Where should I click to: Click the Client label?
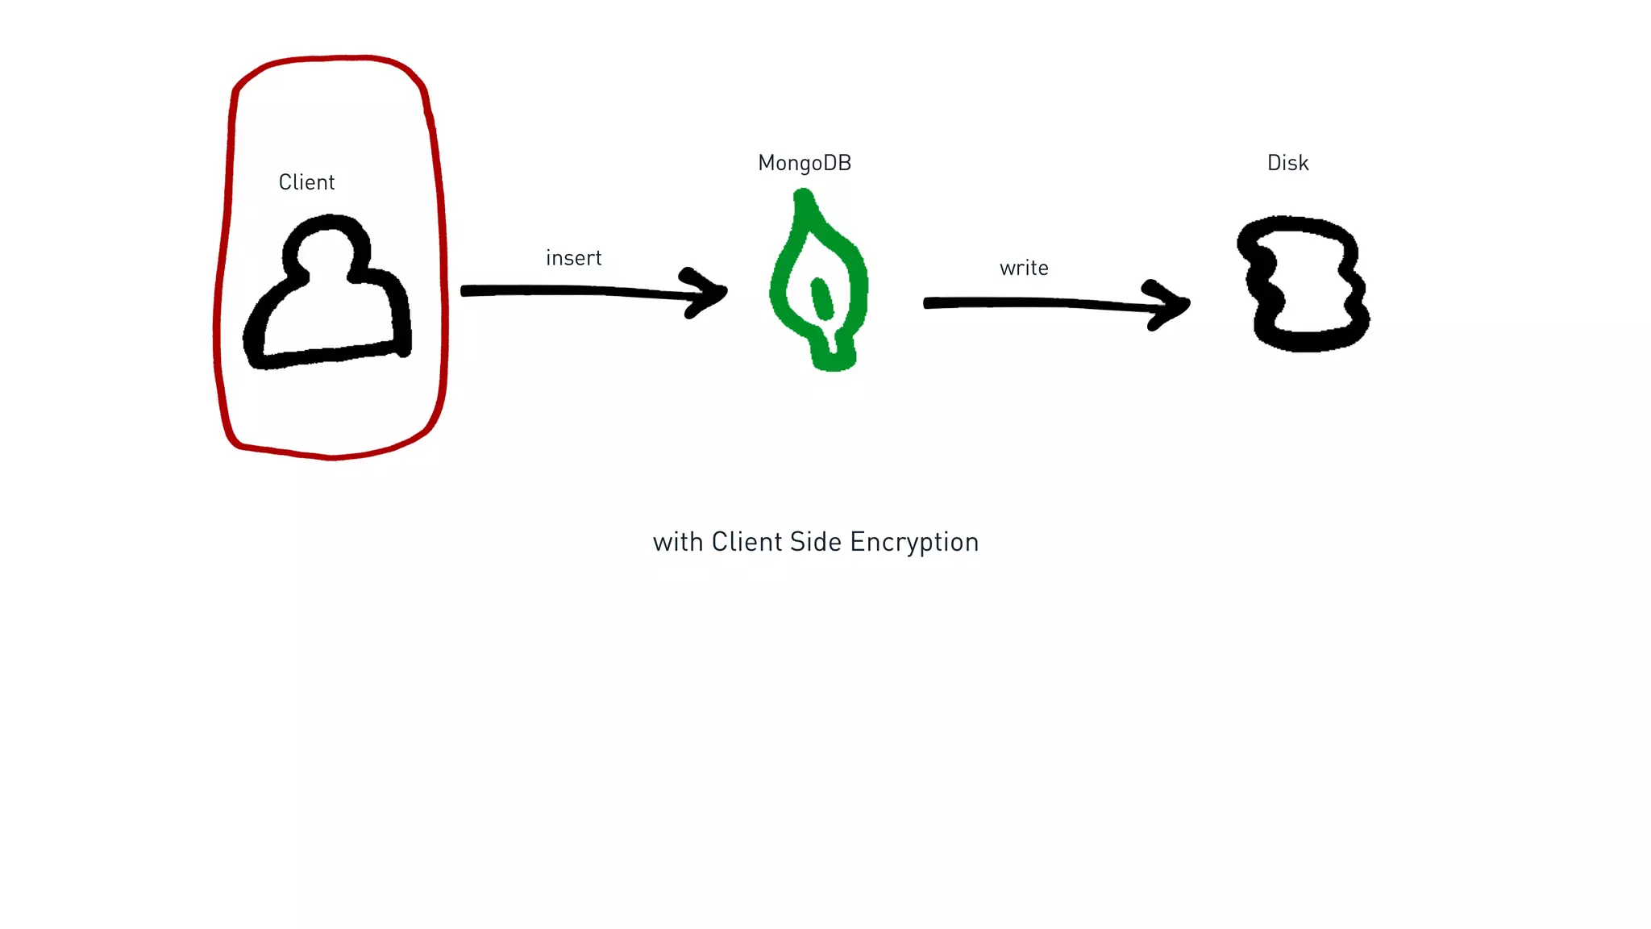306,182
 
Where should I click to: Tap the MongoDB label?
805,163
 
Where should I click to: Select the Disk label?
1287,163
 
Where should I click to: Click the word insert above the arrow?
573,258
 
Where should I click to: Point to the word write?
1024,268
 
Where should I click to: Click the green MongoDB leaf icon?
818,282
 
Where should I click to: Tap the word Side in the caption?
815,542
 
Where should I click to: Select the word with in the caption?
677,542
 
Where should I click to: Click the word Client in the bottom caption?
746,542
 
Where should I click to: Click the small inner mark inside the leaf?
821,298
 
